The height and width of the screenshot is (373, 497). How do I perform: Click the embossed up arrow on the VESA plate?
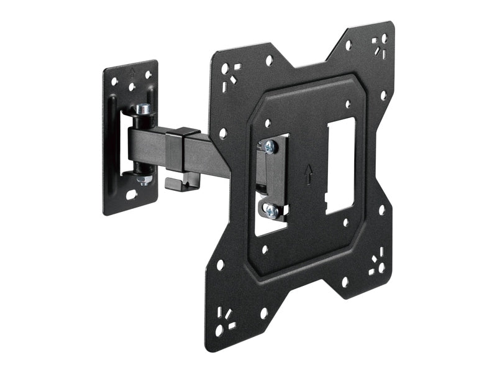click(x=308, y=175)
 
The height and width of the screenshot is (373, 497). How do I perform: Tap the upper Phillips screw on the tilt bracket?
click(x=269, y=146)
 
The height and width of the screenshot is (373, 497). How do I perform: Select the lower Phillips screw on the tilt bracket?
click(x=271, y=212)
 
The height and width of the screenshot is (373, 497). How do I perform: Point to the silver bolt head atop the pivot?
click(x=144, y=109)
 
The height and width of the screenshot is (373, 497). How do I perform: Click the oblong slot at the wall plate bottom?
click(x=132, y=195)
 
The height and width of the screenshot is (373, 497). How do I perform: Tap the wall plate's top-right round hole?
click(x=148, y=75)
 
